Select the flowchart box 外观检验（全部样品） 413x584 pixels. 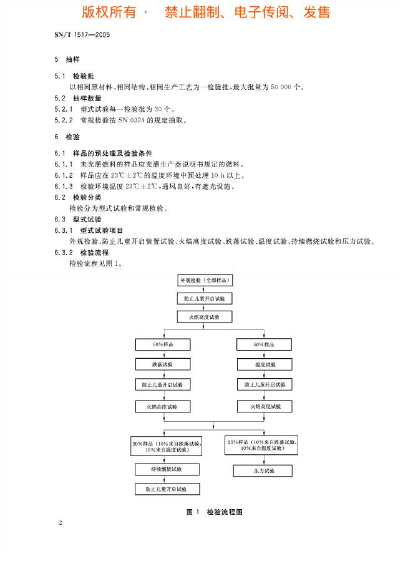tap(205, 281)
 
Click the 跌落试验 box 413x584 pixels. tap(163, 363)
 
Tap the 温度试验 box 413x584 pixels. tap(265, 363)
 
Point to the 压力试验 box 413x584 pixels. tap(263, 470)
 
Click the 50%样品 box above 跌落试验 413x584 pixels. tap(163, 344)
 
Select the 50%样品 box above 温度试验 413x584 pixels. tap(265, 344)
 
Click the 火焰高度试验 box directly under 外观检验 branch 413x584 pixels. tap(205, 317)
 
